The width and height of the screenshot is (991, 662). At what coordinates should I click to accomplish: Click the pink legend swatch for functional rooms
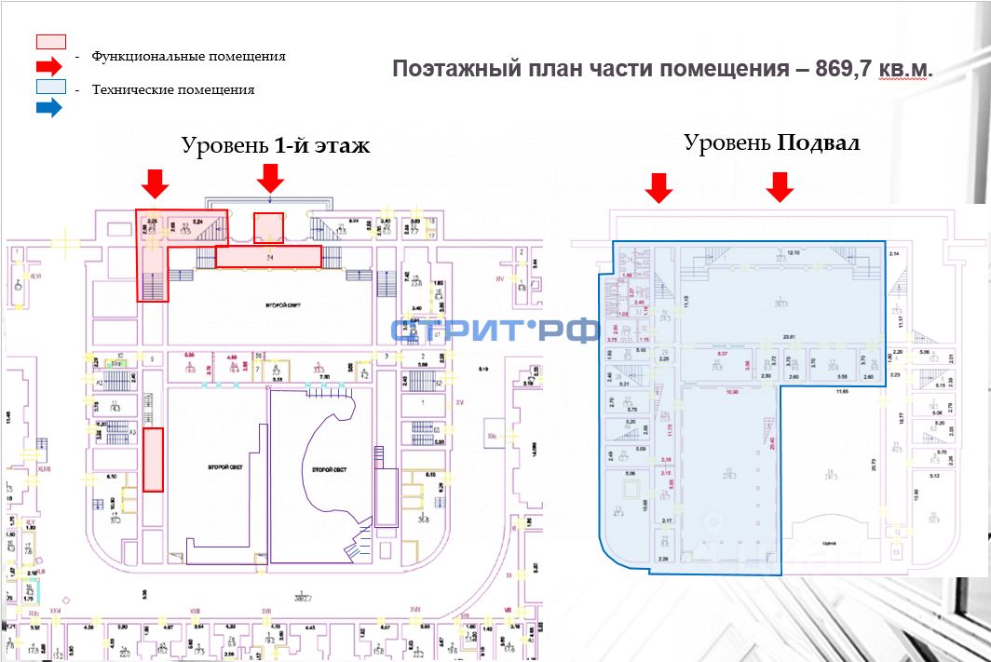[50, 42]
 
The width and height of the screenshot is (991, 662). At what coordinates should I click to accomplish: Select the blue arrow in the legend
[49, 108]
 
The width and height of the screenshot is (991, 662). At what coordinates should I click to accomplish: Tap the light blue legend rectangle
[50, 87]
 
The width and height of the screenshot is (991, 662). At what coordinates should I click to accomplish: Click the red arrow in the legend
[49, 65]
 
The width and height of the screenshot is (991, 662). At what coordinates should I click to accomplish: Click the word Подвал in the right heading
[819, 143]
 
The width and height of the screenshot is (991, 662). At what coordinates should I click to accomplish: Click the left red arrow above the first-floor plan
[156, 182]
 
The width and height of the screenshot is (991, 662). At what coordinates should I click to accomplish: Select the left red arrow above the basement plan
[659, 187]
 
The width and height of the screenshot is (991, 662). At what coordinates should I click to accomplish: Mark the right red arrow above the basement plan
[780, 187]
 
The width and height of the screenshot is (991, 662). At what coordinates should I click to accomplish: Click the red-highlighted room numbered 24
[268, 257]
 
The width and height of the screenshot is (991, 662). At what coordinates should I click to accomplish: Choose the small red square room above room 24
[268, 227]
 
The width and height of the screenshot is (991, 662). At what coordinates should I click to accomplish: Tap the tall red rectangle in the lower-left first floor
[154, 459]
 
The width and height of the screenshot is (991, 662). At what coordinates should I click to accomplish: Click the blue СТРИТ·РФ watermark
[494, 331]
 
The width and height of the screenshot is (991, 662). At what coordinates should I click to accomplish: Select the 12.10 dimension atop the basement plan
[794, 253]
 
